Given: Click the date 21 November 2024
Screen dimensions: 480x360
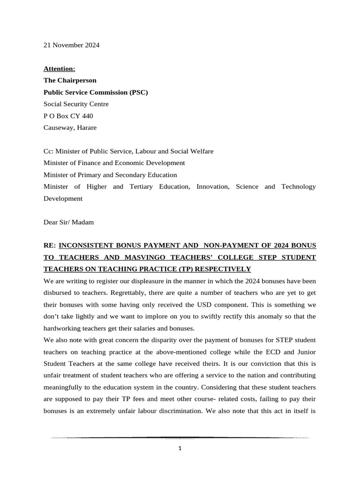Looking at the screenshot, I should [x=71, y=45].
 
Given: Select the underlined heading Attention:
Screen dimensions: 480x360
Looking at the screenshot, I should [x=59, y=69].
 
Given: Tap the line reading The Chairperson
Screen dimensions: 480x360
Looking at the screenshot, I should [x=70, y=81].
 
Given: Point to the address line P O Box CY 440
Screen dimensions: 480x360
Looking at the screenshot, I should [x=68, y=116].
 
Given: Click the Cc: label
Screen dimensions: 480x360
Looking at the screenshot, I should [x=49, y=151].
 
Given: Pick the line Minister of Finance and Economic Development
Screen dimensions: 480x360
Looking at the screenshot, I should [x=114, y=163].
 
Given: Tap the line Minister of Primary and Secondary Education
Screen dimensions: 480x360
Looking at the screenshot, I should [x=110, y=175].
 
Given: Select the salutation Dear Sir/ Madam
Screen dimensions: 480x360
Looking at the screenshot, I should [x=68, y=222].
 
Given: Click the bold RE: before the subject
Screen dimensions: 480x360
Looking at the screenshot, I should [x=50, y=246].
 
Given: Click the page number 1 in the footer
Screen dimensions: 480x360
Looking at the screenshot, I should [x=180, y=448].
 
